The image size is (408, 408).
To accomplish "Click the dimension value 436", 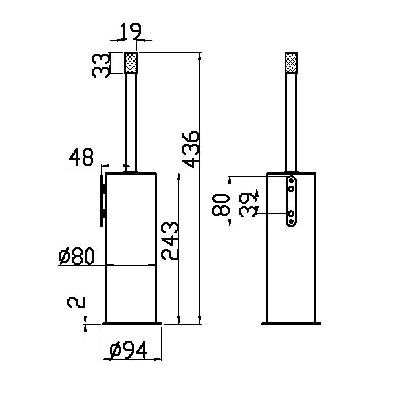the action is [191, 149].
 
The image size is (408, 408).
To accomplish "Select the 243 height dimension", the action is [170, 241].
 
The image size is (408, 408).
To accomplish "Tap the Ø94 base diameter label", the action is [128, 350].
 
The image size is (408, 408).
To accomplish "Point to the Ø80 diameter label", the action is [76, 256].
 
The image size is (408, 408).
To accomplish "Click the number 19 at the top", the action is [131, 31].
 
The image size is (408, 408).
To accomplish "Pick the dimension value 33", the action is [102, 65].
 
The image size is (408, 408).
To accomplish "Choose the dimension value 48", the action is [81, 157].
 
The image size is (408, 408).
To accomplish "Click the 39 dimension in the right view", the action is [248, 205].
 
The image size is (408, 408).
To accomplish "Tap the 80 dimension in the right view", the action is [221, 205].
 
